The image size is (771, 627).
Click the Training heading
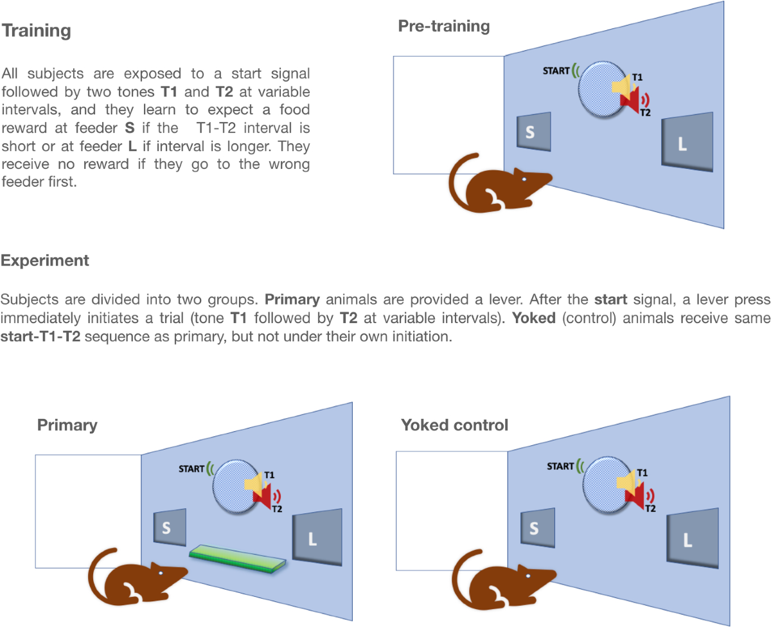pos(37,31)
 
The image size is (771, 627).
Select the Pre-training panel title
pos(443,26)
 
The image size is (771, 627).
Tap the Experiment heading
pos(45,261)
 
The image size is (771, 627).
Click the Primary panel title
pos(67,425)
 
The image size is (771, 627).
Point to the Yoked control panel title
pos(454,425)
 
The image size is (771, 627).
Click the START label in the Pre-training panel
pos(556,71)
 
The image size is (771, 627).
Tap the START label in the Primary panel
pos(191,468)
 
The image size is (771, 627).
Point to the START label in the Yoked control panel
pos(560,466)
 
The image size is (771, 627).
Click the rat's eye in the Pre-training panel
pos(524,179)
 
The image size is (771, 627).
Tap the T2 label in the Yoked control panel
pos(650,508)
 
